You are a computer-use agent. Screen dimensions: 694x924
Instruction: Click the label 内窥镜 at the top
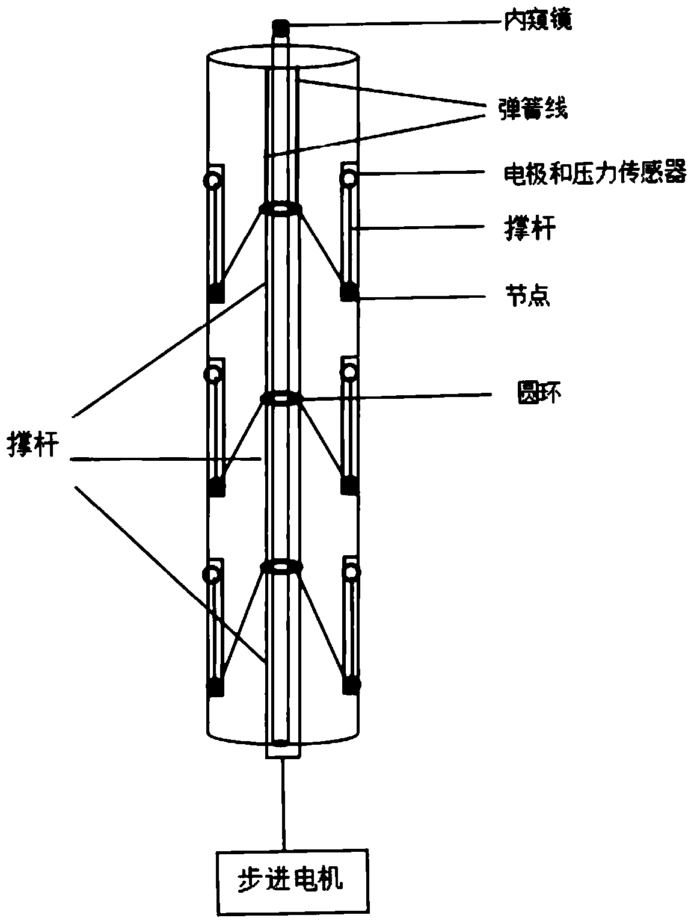(x=538, y=20)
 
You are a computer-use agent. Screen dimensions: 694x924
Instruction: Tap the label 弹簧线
(x=533, y=109)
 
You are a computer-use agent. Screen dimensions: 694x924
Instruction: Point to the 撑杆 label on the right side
(x=530, y=229)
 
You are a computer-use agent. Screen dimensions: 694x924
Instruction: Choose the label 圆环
(x=539, y=393)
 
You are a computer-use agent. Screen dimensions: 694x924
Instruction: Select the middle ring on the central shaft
(x=281, y=398)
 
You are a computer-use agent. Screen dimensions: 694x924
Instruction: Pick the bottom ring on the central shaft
(x=281, y=566)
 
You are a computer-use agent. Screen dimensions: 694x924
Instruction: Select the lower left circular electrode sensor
(x=210, y=574)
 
